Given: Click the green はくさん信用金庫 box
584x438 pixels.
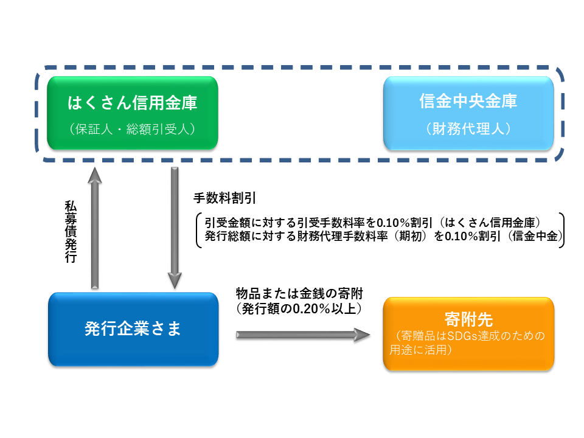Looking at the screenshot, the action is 133,113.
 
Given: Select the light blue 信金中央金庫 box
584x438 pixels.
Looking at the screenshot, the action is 468,113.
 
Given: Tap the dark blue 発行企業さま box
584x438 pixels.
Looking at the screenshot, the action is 133,329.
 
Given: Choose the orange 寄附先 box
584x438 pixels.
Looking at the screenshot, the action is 468,334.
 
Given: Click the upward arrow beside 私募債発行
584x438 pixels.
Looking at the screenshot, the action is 95,228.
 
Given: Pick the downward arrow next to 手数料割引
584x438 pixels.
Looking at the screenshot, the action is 175,228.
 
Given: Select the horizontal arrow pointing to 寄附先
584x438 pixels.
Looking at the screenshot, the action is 303,335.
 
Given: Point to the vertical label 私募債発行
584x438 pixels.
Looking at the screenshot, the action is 71,232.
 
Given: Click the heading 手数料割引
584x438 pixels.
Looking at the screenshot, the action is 224,198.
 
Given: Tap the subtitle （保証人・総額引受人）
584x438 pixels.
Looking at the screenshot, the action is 132,129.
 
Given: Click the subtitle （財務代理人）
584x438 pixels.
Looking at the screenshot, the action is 468,129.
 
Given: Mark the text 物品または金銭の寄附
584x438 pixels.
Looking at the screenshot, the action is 299,293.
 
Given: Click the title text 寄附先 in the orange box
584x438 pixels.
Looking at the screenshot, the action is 468,319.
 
